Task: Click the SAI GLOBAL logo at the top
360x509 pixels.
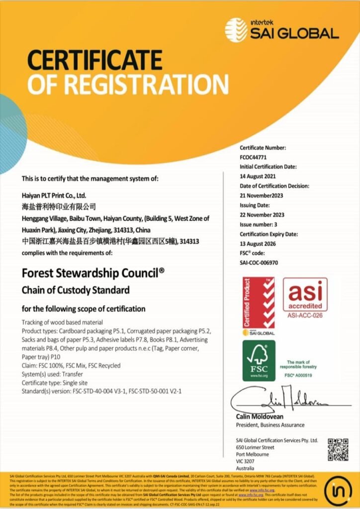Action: [x=281, y=29]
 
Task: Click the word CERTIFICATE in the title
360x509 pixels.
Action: [x=95, y=60]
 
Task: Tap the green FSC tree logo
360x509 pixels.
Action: [x=259, y=360]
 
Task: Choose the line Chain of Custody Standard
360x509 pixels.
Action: [x=76, y=290]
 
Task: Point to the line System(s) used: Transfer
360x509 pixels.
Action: [x=52, y=374]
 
